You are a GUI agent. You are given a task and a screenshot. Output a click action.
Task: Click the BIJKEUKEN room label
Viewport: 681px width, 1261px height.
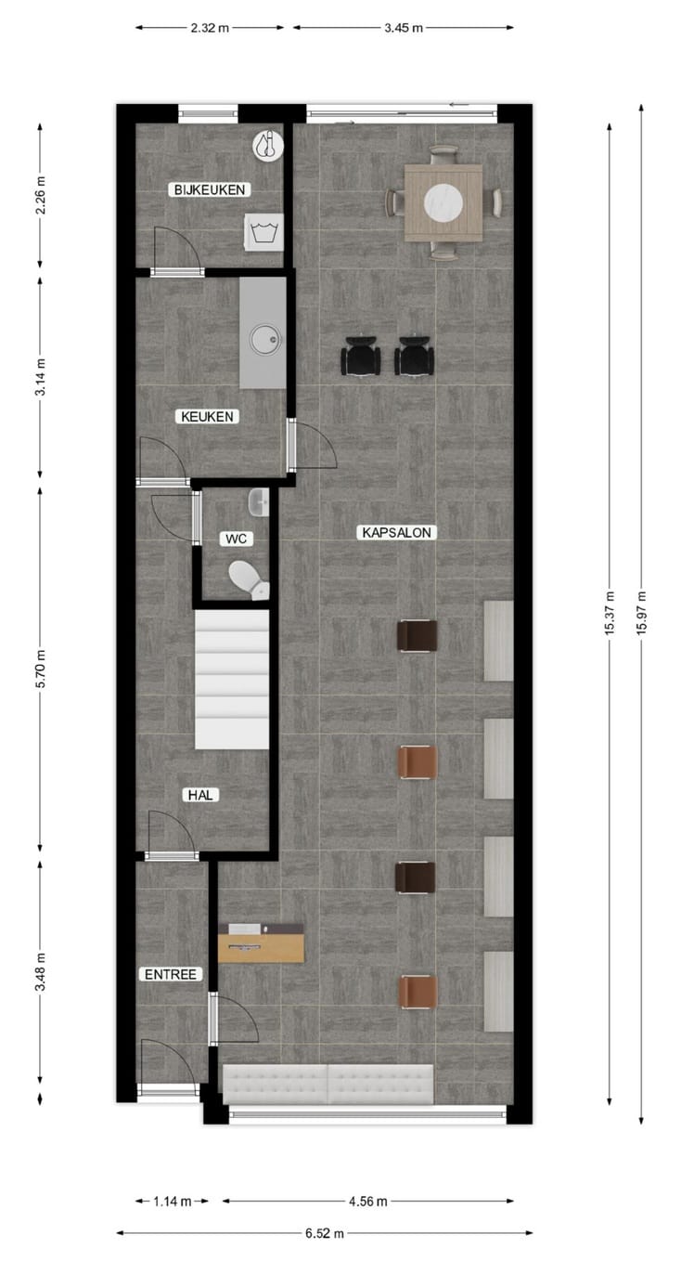pos(209,189)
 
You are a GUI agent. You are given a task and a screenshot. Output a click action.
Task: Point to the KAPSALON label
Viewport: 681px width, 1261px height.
pos(396,533)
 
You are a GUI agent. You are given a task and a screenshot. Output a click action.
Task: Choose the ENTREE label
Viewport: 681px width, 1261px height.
pos(170,974)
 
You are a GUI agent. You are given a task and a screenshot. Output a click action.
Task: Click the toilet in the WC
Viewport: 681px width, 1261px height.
pos(247,578)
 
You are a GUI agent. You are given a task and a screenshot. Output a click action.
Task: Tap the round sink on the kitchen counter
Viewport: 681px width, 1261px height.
pos(263,339)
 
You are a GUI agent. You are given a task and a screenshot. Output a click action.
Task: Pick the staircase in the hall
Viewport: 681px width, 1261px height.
pos(232,679)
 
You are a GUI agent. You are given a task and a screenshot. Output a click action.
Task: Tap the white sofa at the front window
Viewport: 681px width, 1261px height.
pos(328,1085)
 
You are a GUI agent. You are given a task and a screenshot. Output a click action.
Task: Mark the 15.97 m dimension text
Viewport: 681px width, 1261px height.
pos(642,613)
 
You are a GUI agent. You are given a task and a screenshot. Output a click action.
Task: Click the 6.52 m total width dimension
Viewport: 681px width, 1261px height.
pos(325,1234)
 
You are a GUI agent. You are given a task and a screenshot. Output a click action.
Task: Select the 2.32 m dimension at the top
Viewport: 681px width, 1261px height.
pos(210,28)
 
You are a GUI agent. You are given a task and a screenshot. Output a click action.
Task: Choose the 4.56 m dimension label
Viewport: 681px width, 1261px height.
pos(368,1202)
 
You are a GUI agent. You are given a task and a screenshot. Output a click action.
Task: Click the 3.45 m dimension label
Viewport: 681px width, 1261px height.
pos(404,28)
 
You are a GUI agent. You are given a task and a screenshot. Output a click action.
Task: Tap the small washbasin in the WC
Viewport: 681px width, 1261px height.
pos(258,501)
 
